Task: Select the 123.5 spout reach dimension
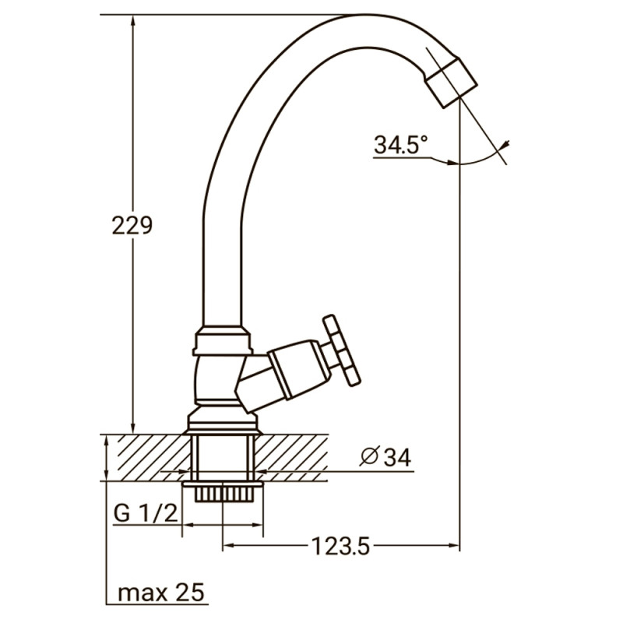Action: point(340,547)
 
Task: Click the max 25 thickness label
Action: point(162,593)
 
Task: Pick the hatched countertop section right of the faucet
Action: point(300,457)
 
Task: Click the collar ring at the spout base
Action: point(223,341)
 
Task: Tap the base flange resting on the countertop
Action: point(223,424)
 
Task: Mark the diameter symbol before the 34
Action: point(369,458)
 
